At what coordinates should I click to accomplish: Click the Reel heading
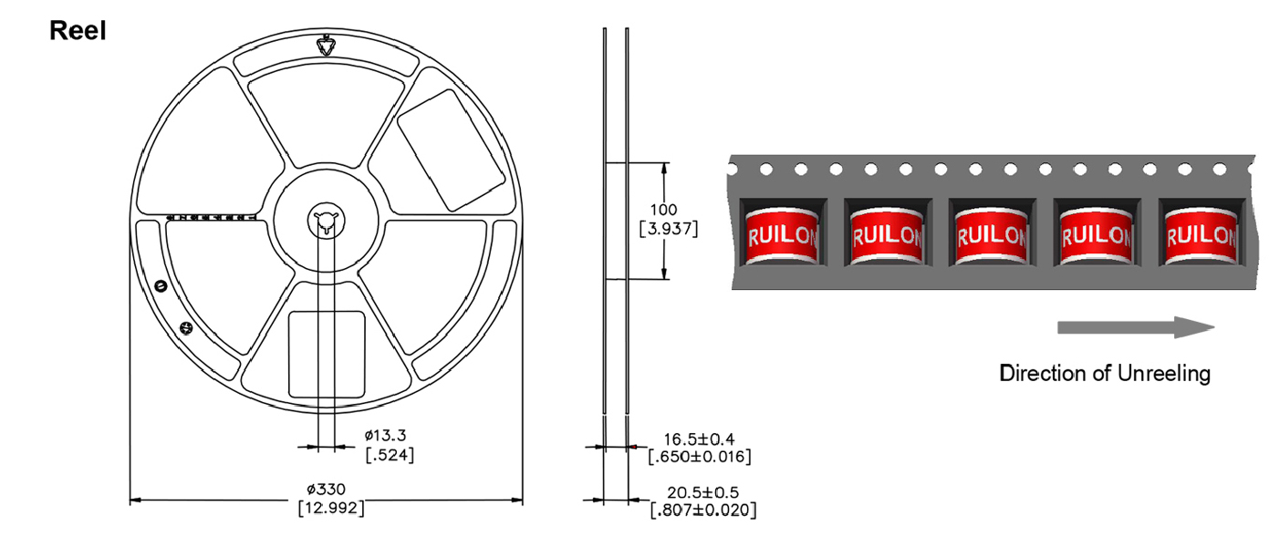[x=78, y=31]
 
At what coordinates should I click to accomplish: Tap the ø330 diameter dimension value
[x=327, y=489]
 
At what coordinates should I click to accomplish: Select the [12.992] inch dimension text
[x=331, y=508]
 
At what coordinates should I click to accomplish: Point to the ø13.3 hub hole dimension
[x=385, y=436]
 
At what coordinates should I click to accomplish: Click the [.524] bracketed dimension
[x=390, y=455]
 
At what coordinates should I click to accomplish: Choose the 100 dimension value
[x=663, y=210]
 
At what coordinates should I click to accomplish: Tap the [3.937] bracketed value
[x=669, y=229]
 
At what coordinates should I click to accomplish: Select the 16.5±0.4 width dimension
[x=699, y=439]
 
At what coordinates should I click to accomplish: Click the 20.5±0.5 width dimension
[x=702, y=492]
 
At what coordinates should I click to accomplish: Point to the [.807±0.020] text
[x=703, y=511]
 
